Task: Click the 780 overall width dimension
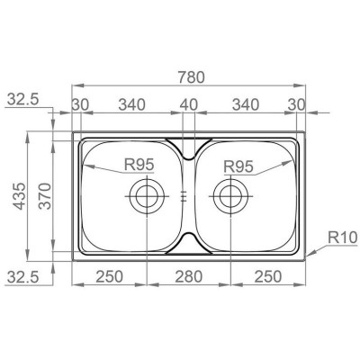pos(191,77)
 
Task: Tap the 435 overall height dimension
pos(21,196)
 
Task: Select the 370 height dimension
pos(46,196)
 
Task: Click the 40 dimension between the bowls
pos(189,105)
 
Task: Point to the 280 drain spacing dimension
pos(189,276)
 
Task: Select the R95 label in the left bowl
pos(139,165)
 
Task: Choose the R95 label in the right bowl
pos(238,166)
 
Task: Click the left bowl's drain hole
pos(147,196)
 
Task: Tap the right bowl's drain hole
pos(230,196)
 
